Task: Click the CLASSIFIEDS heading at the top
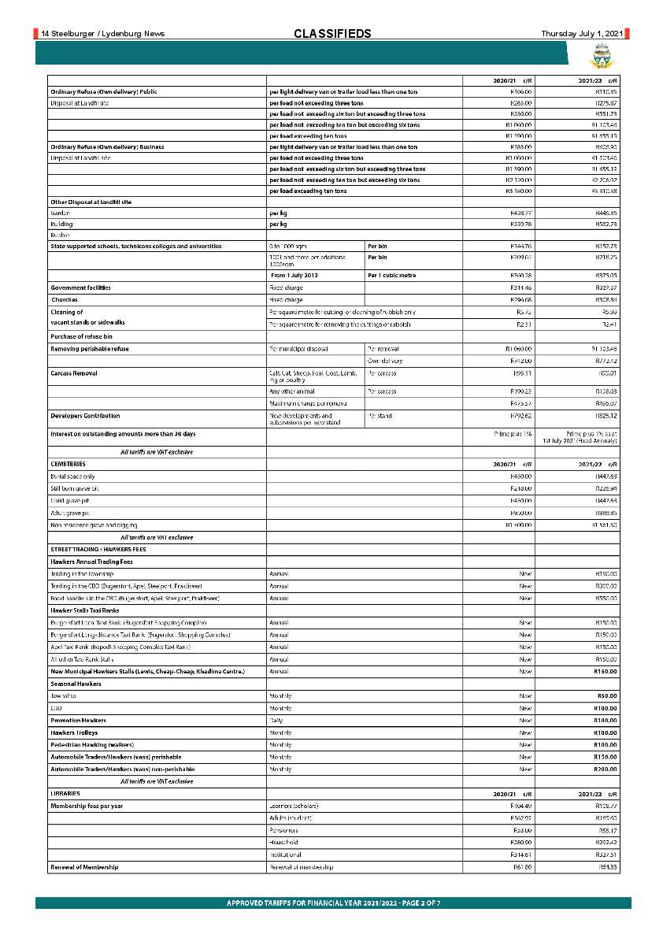pyautogui.click(x=331, y=33)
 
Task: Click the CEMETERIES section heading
pyautogui.click(x=68, y=464)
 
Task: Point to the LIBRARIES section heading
pyautogui.click(x=65, y=793)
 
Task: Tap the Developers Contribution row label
pyautogui.click(x=85, y=415)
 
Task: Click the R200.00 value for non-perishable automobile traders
pyautogui.click(x=606, y=768)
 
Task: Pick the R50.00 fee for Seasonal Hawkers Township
pyautogui.click(x=607, y=695)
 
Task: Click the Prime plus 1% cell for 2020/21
pyautogui.click(x=513, y=434)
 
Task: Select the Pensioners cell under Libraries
pyautogui.click(x=283, y=830)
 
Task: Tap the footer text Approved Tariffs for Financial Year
pyautogui.click(x=333, y=903)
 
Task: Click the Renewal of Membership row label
pyautogui.click(x=84, y=866)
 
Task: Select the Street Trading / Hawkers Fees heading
pyautogui.click(x=91, y=549)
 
